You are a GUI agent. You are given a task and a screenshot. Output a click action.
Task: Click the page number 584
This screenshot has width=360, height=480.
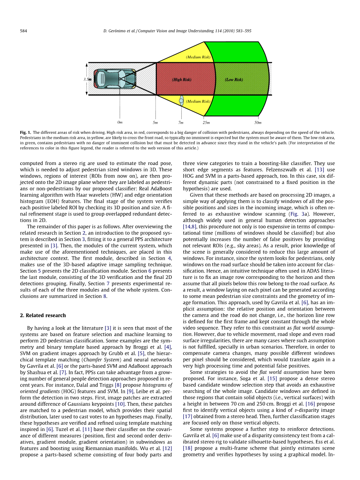click(23, 31)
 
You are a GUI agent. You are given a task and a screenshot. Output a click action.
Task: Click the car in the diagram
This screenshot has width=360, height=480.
click(115, 79)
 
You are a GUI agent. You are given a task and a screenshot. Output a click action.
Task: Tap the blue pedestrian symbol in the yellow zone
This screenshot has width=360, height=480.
click(181, 100)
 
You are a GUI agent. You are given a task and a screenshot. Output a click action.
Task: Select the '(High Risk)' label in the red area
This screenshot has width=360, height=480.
click(182, 80)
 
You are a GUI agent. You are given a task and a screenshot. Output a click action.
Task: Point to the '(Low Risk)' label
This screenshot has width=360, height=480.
click(234, 80)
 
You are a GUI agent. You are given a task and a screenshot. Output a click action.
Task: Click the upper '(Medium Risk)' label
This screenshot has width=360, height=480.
click(198, 57)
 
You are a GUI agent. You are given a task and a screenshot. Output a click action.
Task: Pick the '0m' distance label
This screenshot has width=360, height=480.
click(120, 122)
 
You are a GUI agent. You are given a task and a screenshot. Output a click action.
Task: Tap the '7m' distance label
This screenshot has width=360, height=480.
click(181, 123)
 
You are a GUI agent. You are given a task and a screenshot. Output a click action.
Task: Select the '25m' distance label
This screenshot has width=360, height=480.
click(206, 123)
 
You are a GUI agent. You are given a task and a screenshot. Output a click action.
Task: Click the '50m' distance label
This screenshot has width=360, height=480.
click(258, 123)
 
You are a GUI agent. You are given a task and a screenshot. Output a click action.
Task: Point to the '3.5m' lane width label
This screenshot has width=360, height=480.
click(87, 79)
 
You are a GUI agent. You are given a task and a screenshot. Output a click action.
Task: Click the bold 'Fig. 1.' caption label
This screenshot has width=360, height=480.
click(26, 133)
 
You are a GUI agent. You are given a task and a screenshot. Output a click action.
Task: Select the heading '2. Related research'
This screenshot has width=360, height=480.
click(43, 315)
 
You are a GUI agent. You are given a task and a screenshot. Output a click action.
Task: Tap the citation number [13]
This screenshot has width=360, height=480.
click(320, 170)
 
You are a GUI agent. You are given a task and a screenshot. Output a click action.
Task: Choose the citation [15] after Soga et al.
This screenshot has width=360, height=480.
click(272, 378)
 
